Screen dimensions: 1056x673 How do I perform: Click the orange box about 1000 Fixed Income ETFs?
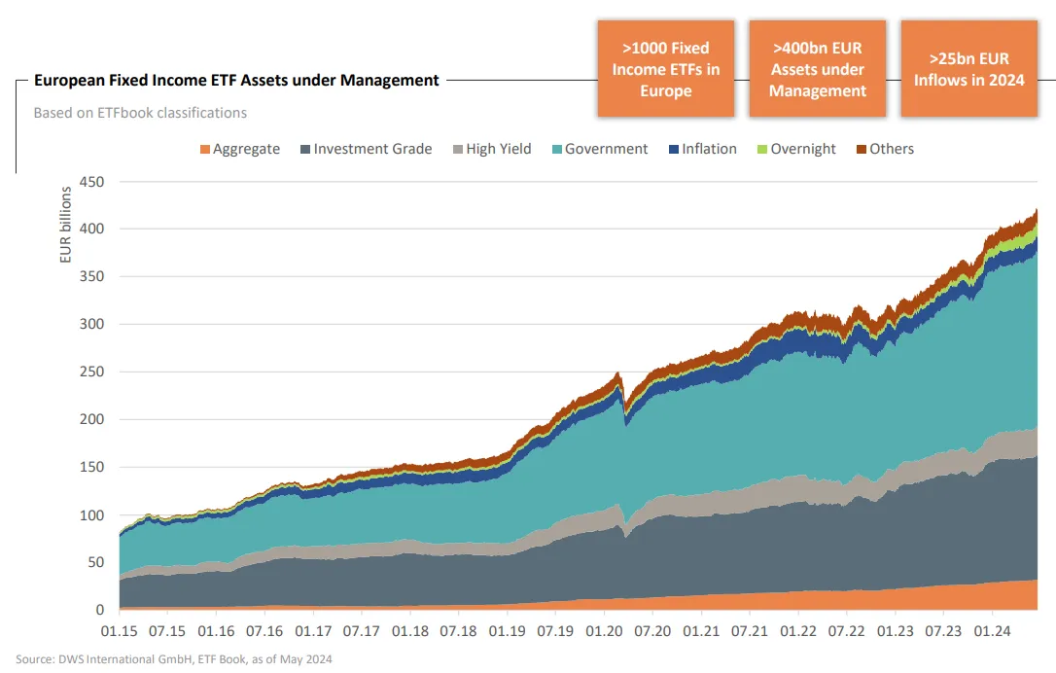coord(665,69)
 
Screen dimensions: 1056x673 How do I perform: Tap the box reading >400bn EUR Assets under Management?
coord(817,69)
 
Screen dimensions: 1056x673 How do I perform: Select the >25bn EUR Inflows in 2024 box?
coord(968,69)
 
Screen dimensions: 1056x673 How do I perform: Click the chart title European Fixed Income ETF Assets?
coord(236,80)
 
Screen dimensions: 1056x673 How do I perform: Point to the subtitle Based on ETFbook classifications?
coord(140,113)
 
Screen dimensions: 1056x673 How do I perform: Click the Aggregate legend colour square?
coord(205,149)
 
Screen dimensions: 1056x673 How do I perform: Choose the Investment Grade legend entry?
coord(367,149)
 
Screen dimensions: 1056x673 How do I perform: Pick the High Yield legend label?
coord(499,149)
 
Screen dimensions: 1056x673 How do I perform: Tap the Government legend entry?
coord(600,149)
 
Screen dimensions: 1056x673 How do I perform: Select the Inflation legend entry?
coord(702,149)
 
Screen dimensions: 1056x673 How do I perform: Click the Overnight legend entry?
coord(796,149)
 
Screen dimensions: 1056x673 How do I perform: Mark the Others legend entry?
coord(885,149)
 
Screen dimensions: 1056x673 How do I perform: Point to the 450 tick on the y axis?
coord(91,182)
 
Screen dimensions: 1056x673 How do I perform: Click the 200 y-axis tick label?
coord(91,419)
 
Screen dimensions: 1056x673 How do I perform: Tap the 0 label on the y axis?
coord(100,610)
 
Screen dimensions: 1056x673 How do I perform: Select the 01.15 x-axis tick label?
coord(120,631)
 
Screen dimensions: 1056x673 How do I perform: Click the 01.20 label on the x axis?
coord(604,631)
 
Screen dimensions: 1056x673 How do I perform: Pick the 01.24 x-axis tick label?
coord(992,631)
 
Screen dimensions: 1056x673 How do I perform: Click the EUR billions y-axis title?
coord(65,225)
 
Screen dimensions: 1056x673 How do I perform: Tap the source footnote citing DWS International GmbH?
coord(174,658)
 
